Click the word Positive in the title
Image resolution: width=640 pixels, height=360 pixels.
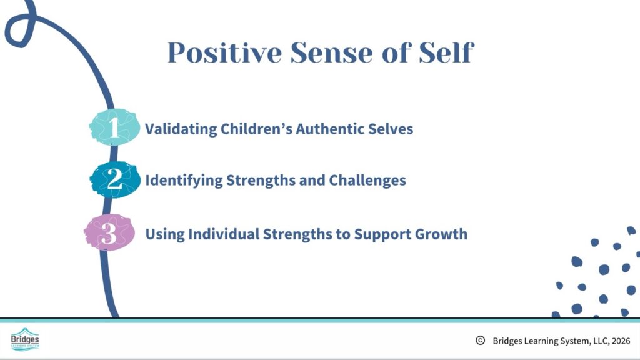click(x=225, y=52)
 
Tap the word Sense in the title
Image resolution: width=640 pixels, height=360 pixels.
click(x=331, y=52)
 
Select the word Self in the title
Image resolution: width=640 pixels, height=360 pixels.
click(x=446, y=52)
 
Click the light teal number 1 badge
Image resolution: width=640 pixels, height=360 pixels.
click(x=114, y=127)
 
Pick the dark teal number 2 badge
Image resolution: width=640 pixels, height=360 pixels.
click(x=115, y=179)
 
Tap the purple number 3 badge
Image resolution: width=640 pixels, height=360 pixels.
click(x=109, y=232)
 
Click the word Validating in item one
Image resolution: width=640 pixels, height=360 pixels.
click(x=181, y=129)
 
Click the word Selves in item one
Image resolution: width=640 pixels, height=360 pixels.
click(x=391, y=129)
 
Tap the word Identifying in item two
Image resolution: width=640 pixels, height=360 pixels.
click(x=184, y=181)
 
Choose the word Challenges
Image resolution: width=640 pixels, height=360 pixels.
click(x=367, y=181)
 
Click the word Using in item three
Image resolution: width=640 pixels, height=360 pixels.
click(x=165, y=234)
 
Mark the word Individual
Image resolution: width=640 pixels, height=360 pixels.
click(x=224, y=234)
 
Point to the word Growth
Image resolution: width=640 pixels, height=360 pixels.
click(x=441, y=234)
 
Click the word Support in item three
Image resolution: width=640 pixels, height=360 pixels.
click(x=382, y=235)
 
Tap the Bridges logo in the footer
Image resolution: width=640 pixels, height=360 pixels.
click(x=25, y=339)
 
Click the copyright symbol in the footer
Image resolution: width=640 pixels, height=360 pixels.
click(x=481, y=341)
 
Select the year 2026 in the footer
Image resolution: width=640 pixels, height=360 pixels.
click(x=621, y=341)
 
